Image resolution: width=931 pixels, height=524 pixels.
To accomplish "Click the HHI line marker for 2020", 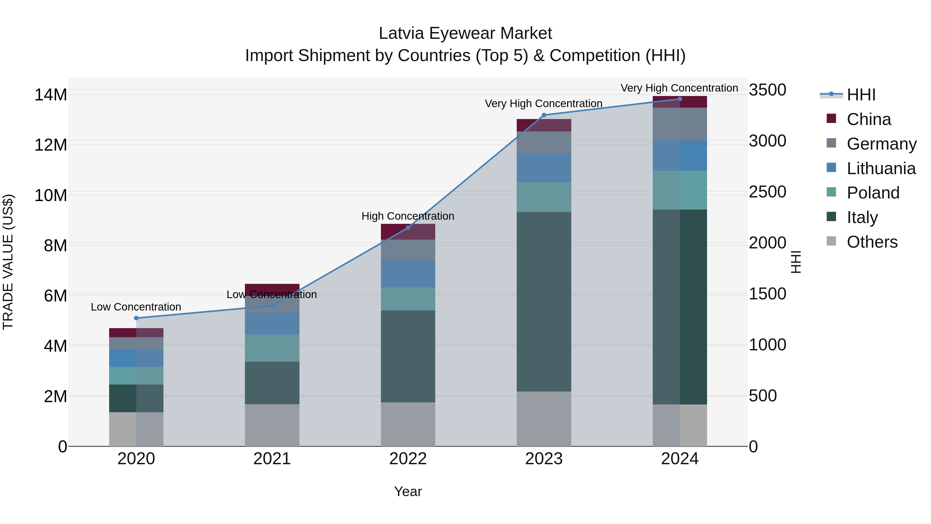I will [x=136, y=318].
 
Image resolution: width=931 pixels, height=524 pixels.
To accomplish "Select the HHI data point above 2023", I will [x=544, y=115].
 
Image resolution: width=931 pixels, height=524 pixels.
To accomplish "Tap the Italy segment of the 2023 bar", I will [x=544, y=302].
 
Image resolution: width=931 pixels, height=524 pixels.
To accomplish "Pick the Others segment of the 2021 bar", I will [x=272, y=425].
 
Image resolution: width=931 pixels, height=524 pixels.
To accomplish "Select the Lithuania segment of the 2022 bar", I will [x=408, y=274].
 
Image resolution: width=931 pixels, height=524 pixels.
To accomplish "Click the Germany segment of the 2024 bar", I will [x=680, y=124].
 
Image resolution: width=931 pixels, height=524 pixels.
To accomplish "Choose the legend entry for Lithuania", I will [x=881, y=168].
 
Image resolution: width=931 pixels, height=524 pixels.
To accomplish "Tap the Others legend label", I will [x=872, y=242].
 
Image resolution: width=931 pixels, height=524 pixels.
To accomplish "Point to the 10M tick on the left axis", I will [x=51, y=195].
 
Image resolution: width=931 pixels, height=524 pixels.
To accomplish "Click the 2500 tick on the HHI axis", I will [x=767, y=192].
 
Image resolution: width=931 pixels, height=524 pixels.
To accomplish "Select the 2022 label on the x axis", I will [x=408, y=459].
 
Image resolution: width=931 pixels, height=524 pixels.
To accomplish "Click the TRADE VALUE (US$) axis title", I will [x=8, y=262].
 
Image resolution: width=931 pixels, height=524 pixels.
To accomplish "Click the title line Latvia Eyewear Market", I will [x=465, y=33].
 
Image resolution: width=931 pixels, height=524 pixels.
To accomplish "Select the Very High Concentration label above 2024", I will [x=679, y=88].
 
